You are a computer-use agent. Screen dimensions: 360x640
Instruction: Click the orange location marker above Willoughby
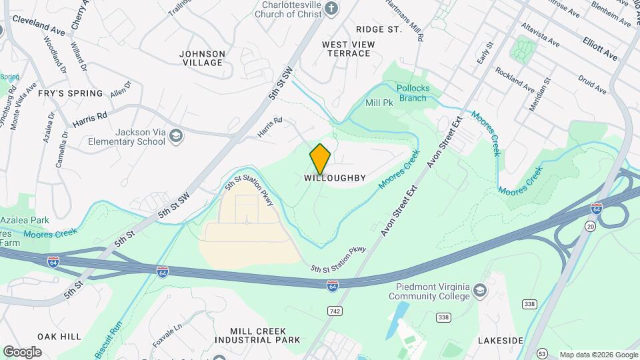click(x=320, y=159)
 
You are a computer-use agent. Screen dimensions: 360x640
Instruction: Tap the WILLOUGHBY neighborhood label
click(x=335, y=178)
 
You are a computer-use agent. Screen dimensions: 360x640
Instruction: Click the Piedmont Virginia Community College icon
click(x=479, y=290)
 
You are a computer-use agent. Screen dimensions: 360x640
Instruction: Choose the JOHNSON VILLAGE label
click(x=203, y=58)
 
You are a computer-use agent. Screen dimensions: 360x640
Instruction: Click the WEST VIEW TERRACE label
click(x=348, y=49)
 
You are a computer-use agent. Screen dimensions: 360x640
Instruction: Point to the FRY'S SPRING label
click(x=70, y=93)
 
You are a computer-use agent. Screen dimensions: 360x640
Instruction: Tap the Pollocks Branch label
click(x=413, y=93)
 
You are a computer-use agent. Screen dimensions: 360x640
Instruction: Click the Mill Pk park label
click(x=378, y=103)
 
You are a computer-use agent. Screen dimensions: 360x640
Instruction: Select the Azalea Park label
click(x=25, y=219)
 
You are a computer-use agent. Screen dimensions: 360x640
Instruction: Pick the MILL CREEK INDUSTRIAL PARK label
click(x=257, y=335)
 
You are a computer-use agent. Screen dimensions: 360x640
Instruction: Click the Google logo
click(x=22, y=352)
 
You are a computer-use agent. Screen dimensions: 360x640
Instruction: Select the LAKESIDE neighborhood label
click(x=500, y=341)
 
